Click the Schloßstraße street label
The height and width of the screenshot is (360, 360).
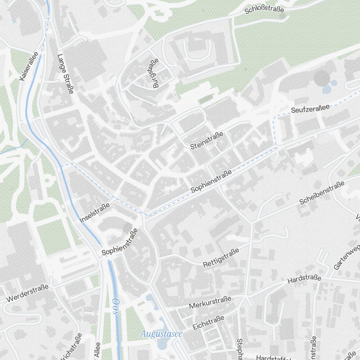(x=264, y=9)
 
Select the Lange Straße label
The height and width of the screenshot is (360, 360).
(x=65, y=74)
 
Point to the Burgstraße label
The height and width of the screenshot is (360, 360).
(x=156, y=73)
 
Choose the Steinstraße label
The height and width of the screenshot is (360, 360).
(x=207, y=140)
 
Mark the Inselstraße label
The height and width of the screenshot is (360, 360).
(x=94, y=212)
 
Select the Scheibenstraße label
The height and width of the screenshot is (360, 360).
(x=322, y=193)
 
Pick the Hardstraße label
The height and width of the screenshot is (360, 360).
(x=304, y=279)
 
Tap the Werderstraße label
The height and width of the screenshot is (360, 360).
(x=27, y=293)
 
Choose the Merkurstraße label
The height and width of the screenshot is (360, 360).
(x=210, y=302)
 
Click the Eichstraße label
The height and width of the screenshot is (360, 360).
(x=208, y=323)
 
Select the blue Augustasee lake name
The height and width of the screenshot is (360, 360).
(x=161, y=334)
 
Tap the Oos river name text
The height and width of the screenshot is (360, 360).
(x=116, y=306)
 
